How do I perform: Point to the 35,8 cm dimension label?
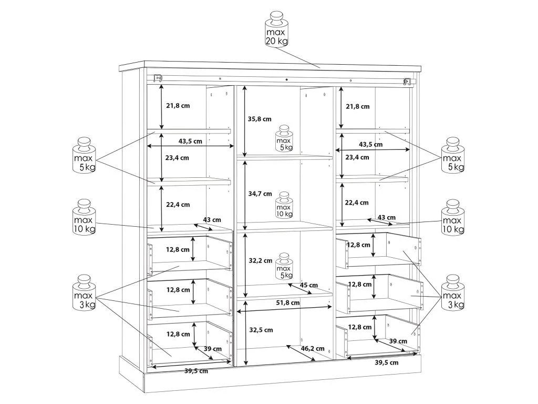click(x=260, y=119)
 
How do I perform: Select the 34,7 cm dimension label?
click(x=260, y=194)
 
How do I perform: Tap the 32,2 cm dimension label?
click(x=260, y=260)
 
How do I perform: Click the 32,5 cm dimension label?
click(x=261, y=330)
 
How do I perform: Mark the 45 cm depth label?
click(x=309, y=285)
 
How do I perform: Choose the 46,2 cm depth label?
click(x=313, y=348)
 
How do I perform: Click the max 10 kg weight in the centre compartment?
click(x=284, y=205)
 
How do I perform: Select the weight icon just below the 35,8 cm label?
click(x=284, y=138)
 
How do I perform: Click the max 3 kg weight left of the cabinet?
click(x=85, y=292)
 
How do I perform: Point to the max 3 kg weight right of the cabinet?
click(x=453, y=292)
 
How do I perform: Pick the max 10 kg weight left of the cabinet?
click(x=85, y=217)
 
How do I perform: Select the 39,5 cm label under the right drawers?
click(x=386, y=362)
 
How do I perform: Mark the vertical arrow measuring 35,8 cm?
click(x=244, y=120)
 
